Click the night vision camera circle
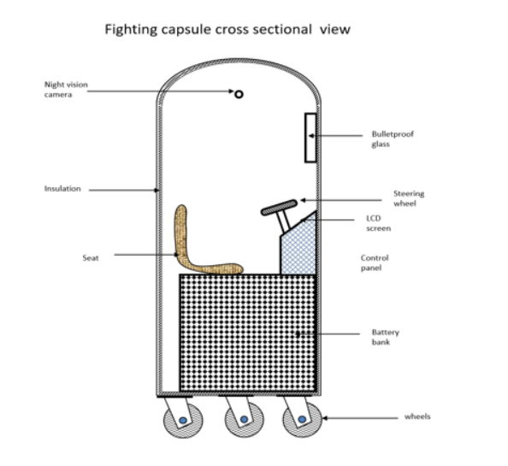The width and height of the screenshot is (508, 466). pos(239,94)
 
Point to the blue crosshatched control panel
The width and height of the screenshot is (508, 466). pos(299,250)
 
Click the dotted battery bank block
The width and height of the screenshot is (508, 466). pos(248,333)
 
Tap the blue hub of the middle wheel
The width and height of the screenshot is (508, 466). pos(244,419)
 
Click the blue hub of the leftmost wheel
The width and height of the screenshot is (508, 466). pos(183,421)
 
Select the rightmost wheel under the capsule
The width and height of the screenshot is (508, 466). pos(302,420)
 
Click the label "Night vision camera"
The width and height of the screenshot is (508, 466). pos(66,90)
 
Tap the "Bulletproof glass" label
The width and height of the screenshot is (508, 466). pos(393,139)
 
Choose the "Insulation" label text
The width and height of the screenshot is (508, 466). pos(62,188)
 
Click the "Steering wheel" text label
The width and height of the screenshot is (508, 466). pos(409,198)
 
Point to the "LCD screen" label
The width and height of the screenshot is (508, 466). pos(378,223)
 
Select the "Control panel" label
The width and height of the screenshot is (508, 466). pos(375,262)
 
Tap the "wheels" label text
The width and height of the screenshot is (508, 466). pos(417,416)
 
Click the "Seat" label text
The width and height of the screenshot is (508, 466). pos(91,257)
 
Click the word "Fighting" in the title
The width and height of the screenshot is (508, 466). pos(131,29)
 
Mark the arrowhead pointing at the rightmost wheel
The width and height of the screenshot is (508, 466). pos(325,418)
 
